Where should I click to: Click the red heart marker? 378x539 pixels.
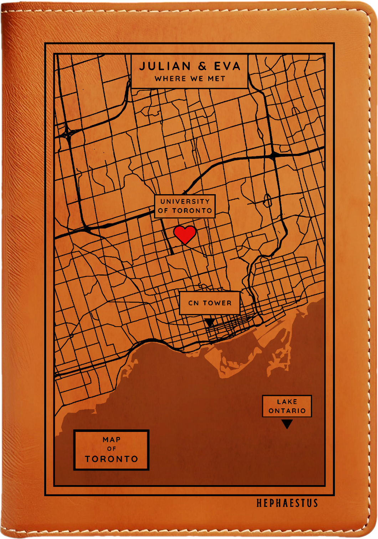click(185, 235)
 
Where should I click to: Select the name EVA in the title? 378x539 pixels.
click(227, 66)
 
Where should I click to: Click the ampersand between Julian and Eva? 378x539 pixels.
click(202, 66)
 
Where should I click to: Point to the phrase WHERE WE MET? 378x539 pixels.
click(190, 79)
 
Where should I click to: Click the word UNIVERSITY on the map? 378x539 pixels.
click(185, 202)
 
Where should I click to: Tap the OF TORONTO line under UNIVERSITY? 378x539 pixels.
click(185, 211)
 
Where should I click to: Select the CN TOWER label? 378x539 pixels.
click(210, 303)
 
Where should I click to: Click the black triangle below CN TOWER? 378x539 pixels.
click(210, 322)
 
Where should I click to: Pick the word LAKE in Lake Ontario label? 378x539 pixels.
click(287, 402)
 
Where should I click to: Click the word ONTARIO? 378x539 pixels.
click(287, 411)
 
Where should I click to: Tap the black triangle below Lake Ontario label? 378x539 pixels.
click(287, 424)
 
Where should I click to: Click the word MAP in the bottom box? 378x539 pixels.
click(112, 440)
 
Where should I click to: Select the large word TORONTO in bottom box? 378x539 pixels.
click(112, 459)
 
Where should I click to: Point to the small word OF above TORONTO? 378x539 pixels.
click(112, 449)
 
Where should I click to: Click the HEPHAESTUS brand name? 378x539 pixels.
click(287, 503)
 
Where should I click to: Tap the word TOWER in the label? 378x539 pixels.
click(217, 303)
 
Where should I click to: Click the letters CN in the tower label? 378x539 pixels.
click(193, 303)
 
